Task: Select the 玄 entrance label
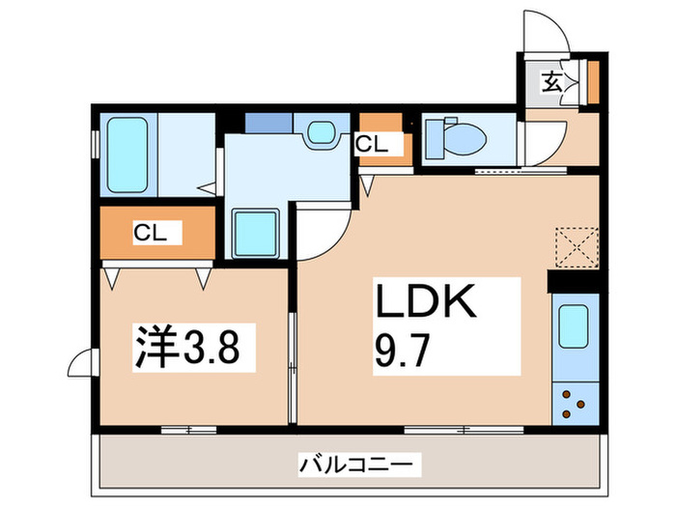(x=550, y=82)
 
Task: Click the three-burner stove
(x=573, y=401)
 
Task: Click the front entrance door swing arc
(x=546, y=29)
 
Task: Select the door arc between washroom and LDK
(x=320, y=232)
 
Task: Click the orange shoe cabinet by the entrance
(x=593, y=82)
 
